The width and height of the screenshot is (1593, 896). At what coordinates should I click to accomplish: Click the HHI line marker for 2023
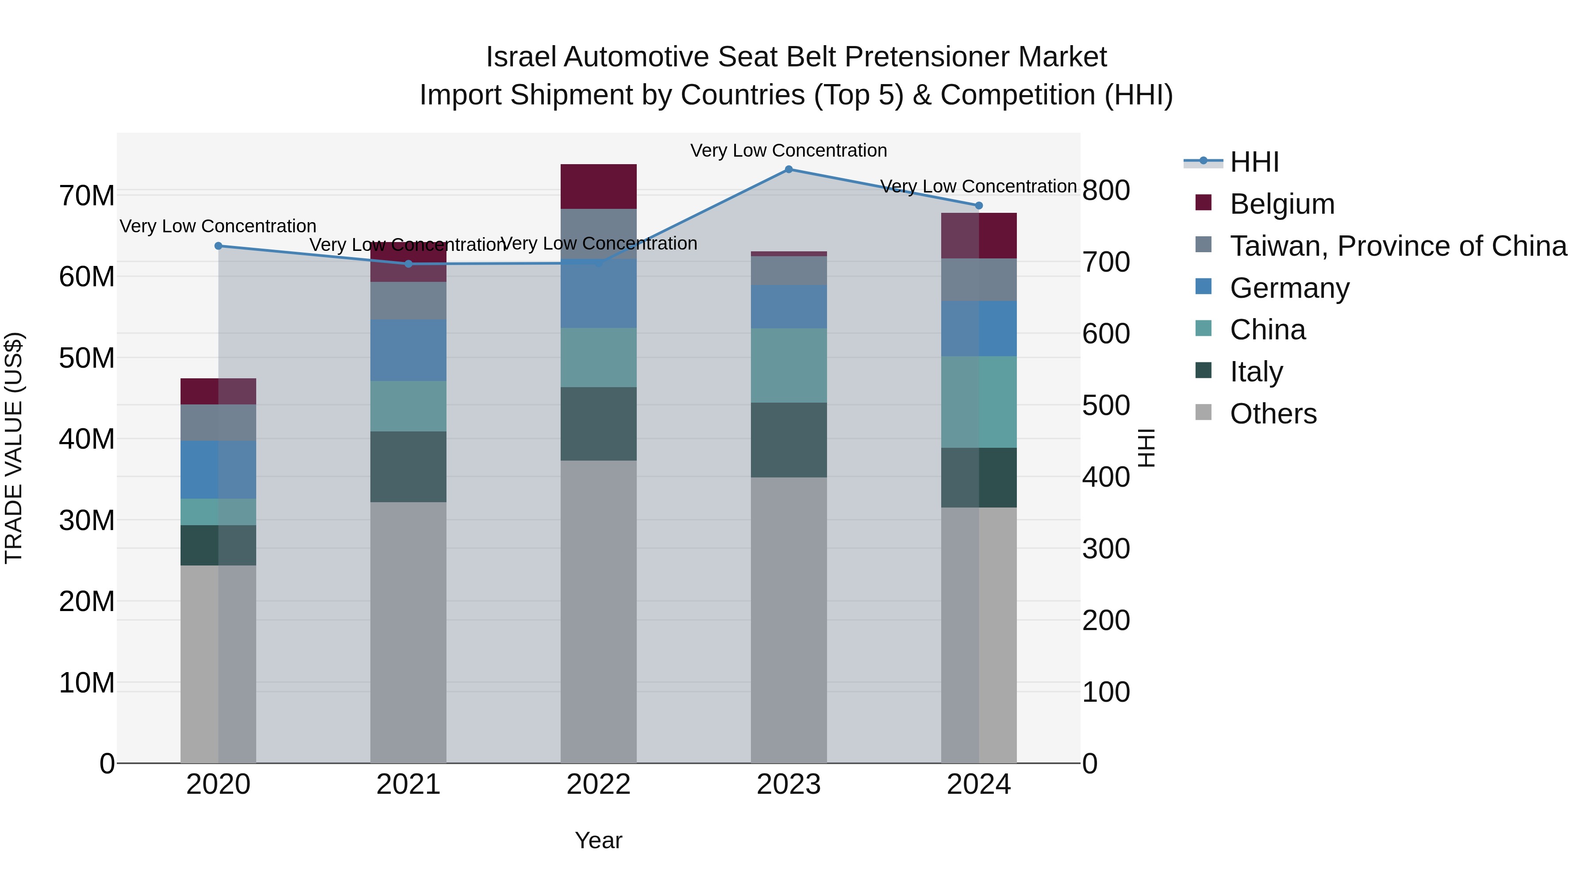(789, 169)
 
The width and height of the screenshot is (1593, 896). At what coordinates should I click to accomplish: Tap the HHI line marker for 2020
(218, 246)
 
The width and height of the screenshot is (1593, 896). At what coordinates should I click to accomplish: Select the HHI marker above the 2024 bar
(978, 206)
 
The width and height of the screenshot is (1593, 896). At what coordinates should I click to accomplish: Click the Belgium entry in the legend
(1281, 204)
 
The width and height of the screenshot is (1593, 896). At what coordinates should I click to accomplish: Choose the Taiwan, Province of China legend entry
(1397, 246)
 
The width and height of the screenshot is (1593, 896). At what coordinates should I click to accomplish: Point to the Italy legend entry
(1256, 372)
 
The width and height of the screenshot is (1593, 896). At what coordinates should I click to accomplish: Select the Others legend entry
(1273, 414)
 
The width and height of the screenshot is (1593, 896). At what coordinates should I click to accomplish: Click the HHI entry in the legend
(1254, 162)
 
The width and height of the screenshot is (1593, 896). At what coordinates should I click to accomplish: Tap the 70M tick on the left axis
(87, 196)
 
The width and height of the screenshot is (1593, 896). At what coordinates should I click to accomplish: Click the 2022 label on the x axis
(598, 784)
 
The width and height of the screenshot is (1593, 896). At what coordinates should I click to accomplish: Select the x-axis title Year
(598, 840)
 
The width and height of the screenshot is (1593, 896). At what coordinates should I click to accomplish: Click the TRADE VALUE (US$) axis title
(14, 448)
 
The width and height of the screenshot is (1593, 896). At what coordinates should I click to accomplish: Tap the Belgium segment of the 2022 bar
(598, 187)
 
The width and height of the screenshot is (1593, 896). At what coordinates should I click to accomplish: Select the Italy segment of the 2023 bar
(789, 440)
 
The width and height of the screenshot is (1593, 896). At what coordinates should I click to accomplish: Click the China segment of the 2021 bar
(408, 406)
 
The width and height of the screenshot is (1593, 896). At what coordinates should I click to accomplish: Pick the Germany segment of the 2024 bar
(978, 328)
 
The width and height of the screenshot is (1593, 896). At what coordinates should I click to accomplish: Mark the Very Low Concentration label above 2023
(789, 151)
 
